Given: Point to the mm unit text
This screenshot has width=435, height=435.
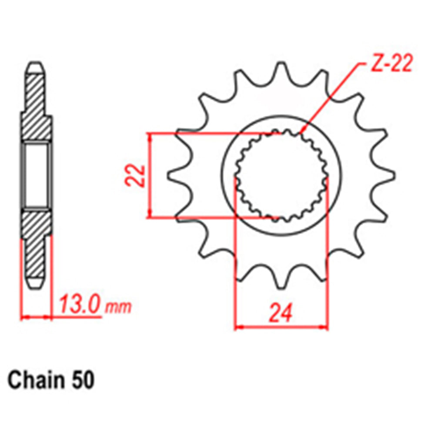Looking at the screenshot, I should coord(118,307).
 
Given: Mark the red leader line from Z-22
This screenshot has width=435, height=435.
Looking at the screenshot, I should coord(331,98).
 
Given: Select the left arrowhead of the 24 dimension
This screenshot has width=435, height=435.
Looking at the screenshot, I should coord(239,326).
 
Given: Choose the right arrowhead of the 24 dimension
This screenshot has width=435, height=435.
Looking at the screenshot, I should coord(324,326).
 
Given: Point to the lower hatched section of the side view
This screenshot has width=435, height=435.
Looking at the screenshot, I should coord(37,244).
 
